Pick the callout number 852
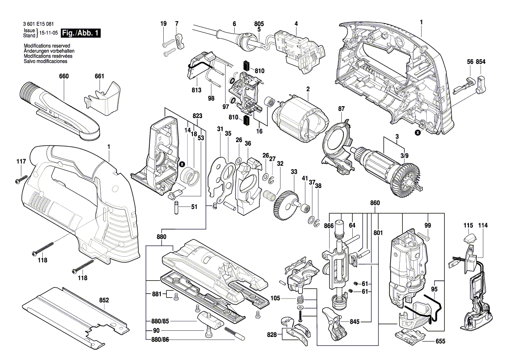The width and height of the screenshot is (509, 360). click(x=104, y=300)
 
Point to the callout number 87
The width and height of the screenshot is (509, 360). click(x=341, y=108)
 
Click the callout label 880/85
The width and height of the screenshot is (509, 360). click(x=158, y=321)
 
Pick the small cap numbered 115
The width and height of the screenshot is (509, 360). click(x=469, y=238)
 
